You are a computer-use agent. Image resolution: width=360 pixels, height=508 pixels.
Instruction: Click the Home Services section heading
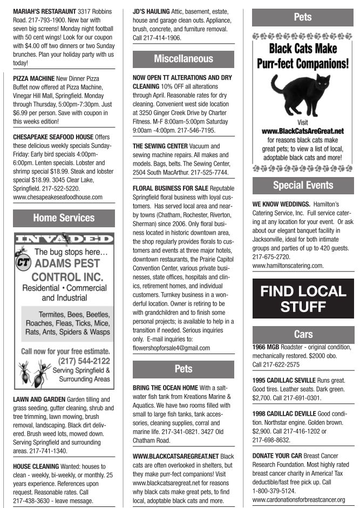[64, 218]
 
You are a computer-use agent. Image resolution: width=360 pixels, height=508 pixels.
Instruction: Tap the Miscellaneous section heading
[184, 59]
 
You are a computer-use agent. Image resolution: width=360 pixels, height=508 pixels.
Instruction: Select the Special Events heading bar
[303, 185]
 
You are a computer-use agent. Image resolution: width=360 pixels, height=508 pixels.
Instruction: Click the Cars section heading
[303, 334]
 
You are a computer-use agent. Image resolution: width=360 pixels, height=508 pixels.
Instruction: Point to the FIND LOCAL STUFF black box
[303, 299]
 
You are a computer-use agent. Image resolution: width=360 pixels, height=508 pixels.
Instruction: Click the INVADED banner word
[64, 239]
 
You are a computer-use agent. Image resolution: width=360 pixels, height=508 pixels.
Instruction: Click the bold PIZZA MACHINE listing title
[37, 79]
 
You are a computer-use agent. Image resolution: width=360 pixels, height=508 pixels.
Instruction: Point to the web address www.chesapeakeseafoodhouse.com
[57, 197]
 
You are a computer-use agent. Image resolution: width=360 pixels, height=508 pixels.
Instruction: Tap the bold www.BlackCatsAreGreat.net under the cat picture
[303, 131]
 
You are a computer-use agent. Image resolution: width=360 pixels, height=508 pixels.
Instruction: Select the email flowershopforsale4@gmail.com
[171, 348]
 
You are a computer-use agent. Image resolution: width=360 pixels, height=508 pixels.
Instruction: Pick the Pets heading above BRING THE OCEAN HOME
[184, 369]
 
